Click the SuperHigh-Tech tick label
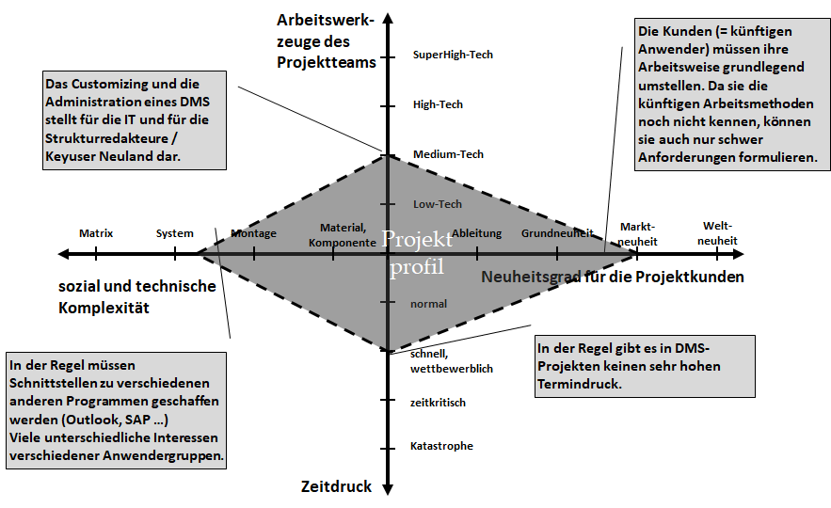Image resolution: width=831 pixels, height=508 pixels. [x=452, y=55]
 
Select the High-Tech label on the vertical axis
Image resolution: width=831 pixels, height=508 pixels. [x=438, y=104]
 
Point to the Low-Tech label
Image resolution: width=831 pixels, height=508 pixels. [x=437, y=204]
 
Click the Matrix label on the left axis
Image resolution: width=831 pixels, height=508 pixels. [x=96, y=233]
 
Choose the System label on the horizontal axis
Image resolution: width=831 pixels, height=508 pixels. [x=175, y=233]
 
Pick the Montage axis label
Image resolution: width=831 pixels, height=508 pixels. [x=254, y=233]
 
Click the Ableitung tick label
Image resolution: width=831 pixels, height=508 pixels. [x=476, y=233]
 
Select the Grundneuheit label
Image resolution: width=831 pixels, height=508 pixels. [x=557, y=233]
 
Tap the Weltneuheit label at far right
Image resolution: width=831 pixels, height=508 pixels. [x=717, y=233]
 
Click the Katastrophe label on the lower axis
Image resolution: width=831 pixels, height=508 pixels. [x=441, y=446]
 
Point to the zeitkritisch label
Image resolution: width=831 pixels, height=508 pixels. [x=438, y=403]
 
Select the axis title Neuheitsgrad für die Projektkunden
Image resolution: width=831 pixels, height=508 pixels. [x=613, y=278]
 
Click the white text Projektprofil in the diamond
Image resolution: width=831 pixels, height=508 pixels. [x=417, y=253]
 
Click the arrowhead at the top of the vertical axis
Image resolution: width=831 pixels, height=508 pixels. [x=387, y=19]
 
